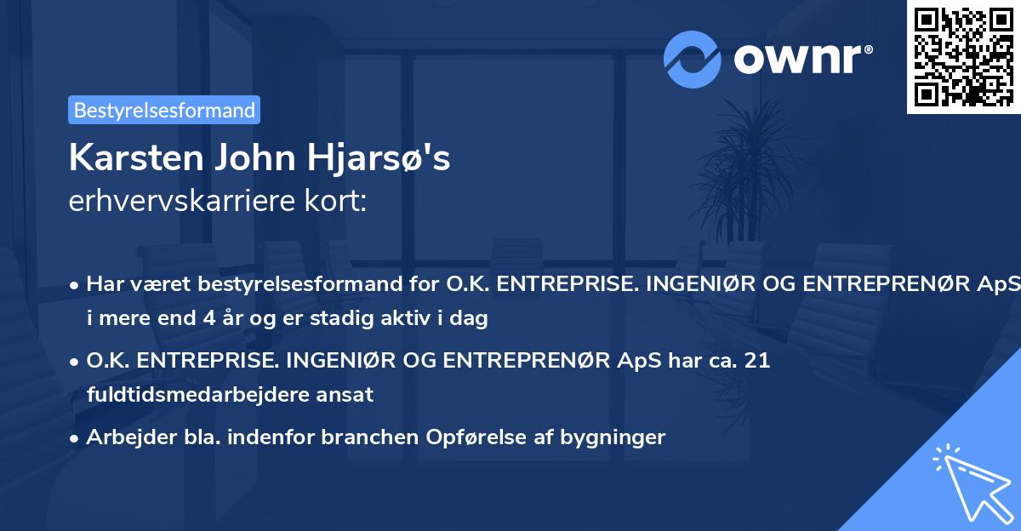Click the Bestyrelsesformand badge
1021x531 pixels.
164,110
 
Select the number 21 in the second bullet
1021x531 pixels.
756,361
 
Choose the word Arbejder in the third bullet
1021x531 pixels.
125,437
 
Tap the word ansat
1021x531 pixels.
346,395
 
